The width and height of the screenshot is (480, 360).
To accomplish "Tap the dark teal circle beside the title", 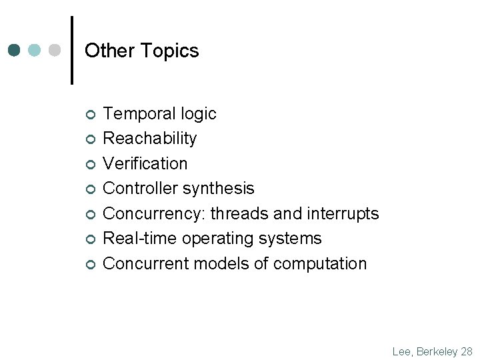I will tap(15, 51).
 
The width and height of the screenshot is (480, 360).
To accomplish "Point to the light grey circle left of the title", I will tap(55, 51).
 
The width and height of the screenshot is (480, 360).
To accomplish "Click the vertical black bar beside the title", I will tap(72, 50).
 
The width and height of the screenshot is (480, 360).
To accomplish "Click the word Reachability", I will tap(150, 139).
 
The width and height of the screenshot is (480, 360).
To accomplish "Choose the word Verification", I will tap(145, 163).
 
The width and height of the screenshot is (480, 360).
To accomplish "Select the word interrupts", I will tap(343, 213).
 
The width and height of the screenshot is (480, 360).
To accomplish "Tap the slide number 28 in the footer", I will tap(466, 351).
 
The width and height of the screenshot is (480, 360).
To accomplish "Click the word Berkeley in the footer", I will tap(437, 351).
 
